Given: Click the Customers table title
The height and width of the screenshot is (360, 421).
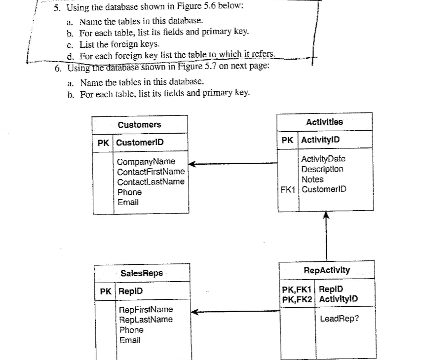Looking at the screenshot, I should pyautogui.click(x=139, y=125).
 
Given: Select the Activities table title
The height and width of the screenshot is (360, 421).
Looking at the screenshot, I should pyautogui.click(x=324, y=122).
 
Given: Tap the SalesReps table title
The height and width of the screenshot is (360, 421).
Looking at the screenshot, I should pyautogui.click(x=142, y=273).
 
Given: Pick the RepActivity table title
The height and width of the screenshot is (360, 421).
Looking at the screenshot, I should pyautogui.click(x=327, y=270).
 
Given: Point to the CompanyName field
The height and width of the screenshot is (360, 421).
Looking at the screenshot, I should pyautogui.click(x=146, y=162).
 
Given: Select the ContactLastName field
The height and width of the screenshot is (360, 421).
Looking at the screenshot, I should pyautogui.click(x=151, y=182).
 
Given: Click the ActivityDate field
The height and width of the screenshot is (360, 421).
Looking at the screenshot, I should pyautogui.click(x=323, y=159).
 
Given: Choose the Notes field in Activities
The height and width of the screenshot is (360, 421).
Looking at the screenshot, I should pyautogui.click(x=312, y=180).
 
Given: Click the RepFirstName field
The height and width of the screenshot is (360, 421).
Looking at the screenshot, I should pyautogui.click(x=146, y=309).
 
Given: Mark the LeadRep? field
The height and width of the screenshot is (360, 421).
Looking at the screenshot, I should pyautogui.click(x=340, y=319).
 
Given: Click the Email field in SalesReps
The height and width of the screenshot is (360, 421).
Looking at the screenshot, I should pyautogui.click(x=129, y=340).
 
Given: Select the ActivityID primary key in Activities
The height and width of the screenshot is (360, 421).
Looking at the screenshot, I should pyautogui.click(x=320, y=140).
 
